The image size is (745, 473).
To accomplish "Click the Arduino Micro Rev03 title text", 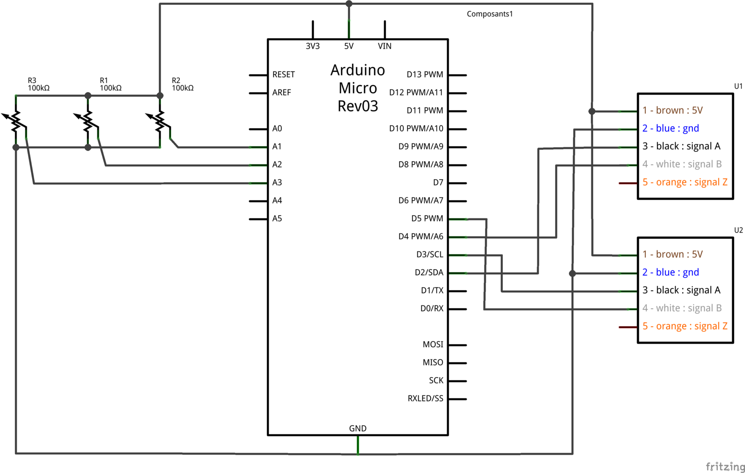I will pos(358,88).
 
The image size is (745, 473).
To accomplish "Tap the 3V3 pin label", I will pos(312,46).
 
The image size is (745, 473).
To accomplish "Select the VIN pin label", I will pos(385,46).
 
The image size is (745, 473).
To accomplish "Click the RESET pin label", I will pos(284,74).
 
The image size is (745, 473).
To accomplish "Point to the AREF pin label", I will pos(282,93).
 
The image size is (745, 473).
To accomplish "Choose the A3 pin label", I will pos(277,182).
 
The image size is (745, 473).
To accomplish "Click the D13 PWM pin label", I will pos(425,74).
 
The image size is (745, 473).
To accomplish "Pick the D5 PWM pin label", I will pos(427,218).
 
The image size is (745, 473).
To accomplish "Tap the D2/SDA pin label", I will pos(429,272).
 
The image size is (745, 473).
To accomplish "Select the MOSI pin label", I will pos(433,345).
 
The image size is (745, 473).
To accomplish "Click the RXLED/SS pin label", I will pos(425,399).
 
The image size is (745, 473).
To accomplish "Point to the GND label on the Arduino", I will pos(358,428).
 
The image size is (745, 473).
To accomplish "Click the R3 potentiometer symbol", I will pos(16,121).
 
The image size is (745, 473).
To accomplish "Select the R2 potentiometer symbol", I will pos(160,121).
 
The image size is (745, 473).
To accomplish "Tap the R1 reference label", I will pos(104,81).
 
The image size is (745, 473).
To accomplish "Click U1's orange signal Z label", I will pos(684,182).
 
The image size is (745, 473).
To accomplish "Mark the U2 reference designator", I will pos(738,230).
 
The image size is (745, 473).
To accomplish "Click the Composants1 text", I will pos(489,14).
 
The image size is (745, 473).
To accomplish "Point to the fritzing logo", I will pos(725,466).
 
